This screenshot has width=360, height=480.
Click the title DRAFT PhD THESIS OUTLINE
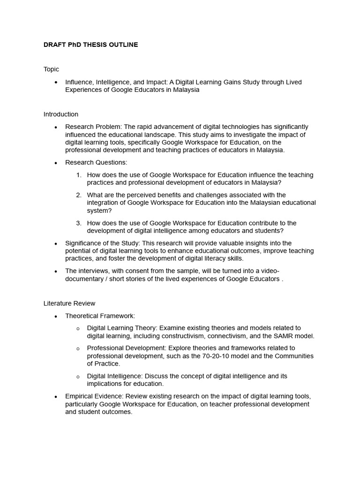pos(90,45)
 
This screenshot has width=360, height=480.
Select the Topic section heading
pos(51,69)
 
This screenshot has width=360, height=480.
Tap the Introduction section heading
pos(61,114)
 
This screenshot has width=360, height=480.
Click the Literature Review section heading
pos(69,303)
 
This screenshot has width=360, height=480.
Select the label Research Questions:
pos(96,162)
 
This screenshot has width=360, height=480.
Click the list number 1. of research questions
pos(79,175)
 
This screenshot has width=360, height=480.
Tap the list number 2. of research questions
pos(79,195)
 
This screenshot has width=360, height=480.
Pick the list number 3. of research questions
pos(79,223)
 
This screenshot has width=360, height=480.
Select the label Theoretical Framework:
pos(100,316)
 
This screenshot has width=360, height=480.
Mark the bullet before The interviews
pos(56,271)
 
